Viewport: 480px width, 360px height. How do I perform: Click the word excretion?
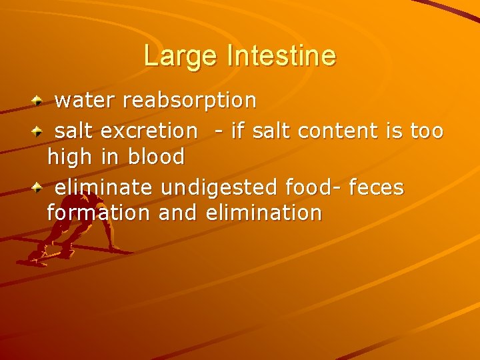149,131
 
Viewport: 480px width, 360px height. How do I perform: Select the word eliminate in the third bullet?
103,188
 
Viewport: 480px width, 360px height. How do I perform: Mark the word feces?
376,188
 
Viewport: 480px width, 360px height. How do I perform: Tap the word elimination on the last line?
264,213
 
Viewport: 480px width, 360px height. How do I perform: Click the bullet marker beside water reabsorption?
39,100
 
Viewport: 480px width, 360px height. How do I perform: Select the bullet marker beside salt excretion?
39,131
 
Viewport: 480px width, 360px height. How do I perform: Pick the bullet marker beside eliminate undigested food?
39,187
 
